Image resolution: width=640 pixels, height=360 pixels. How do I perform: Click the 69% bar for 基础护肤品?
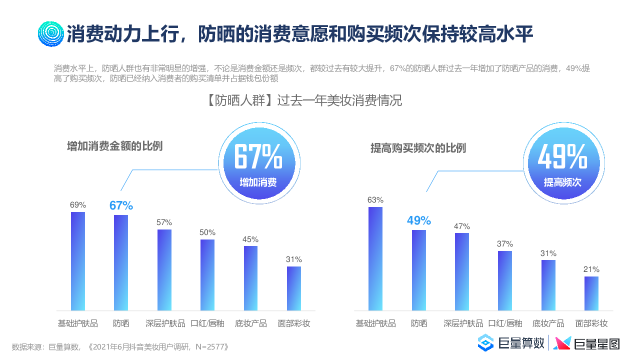(78, 261)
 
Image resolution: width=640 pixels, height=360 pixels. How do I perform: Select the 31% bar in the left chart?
(294, 288)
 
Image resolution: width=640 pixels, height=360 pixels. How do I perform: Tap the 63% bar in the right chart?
(375, 258)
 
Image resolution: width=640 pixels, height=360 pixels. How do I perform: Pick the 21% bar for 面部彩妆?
(591, 293)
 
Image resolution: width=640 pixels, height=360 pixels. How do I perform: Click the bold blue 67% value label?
(121, 205)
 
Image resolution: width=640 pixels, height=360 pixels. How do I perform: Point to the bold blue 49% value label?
(418, 220)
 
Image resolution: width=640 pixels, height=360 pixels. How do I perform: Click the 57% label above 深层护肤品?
(164, 222)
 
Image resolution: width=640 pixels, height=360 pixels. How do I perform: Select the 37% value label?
(505, 243)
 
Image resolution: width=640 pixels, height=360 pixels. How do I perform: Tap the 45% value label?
(250, 238)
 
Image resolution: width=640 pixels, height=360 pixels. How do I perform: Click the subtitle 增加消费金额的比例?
(115, 146)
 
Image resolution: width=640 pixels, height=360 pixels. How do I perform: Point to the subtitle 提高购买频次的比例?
(418, 148)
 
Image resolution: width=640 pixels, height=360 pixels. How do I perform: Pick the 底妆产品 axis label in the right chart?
(548, 323)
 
